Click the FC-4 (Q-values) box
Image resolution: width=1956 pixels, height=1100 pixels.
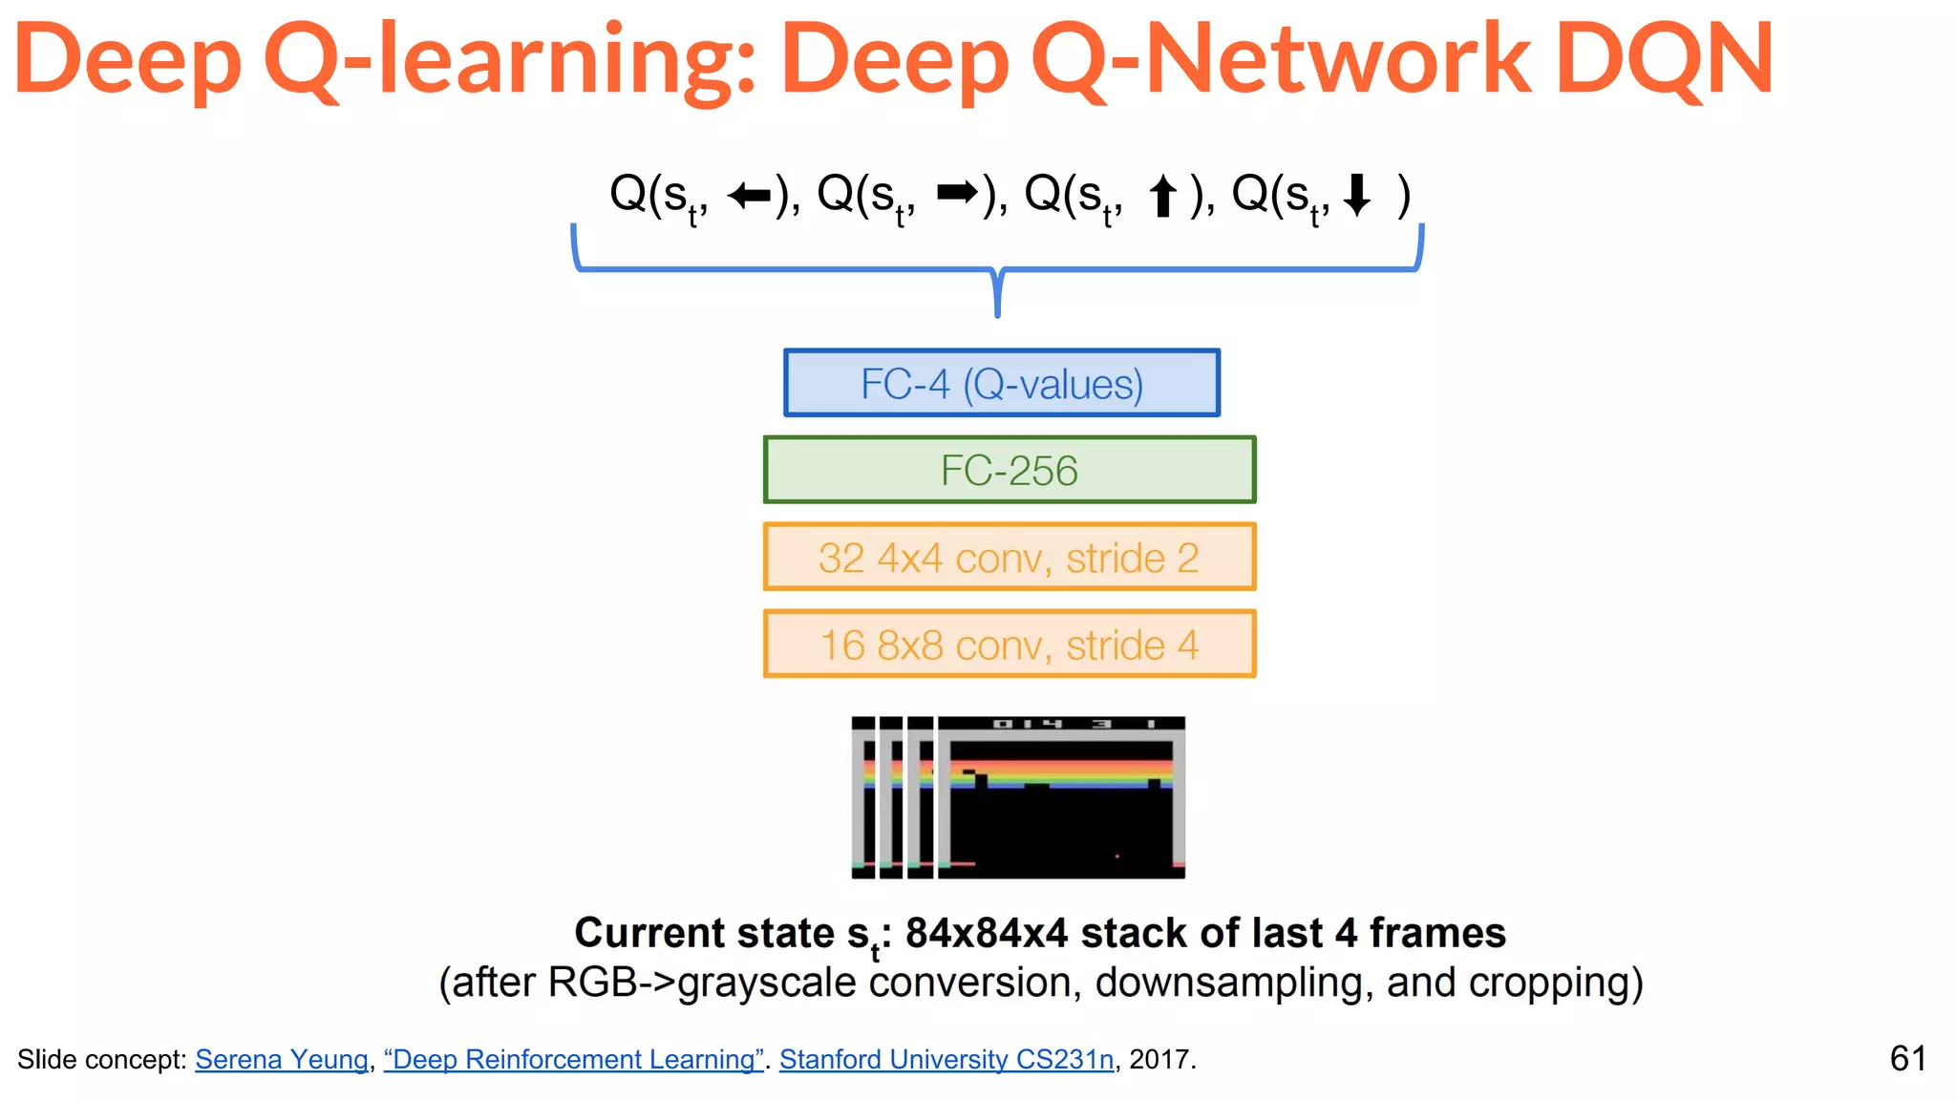click(1002, 383)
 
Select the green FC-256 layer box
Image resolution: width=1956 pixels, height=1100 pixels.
click(1010, 470)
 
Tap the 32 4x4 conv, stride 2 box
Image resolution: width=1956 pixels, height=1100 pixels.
click(1010, 557)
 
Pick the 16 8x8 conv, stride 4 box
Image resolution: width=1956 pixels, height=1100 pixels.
click(1010, 645)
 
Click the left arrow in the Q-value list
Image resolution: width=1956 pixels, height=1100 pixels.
click(748, 196)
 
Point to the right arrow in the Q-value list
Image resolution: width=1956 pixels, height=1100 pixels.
click(957, 193)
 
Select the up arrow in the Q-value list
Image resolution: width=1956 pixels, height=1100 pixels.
click(1162, 197)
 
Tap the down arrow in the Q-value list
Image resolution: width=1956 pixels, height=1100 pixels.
click(1356, 196)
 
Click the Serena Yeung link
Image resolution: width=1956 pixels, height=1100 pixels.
click(282, 1059)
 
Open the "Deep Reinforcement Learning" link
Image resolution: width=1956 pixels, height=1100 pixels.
click(573, 1059)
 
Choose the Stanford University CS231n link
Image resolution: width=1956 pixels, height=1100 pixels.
click(946, 1059)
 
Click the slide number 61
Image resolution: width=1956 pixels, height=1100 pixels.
click(1907, 1058)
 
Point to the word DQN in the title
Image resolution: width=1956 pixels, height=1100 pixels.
click(1664, 59)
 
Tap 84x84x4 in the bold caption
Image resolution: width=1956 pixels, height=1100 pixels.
click(986, 933)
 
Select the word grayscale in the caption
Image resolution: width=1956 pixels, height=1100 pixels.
click(766, 983)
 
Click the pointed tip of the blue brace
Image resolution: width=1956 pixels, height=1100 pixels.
click(997, 312)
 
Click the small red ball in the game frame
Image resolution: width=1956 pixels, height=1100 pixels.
click(1116, 857)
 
